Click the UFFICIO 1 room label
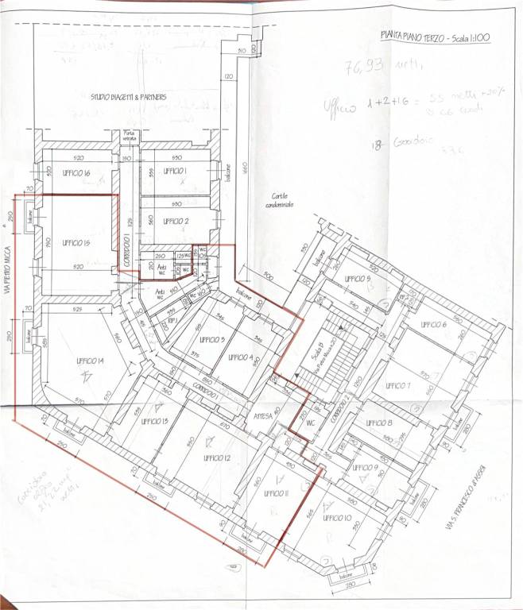(x=175, y=172)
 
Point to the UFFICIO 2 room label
(x=176, y=222)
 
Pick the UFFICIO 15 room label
(x=74, y=242)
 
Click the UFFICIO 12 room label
(x=216, y=458)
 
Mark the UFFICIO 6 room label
(x=435, y=326)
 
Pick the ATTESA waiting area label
(x=263, y=415)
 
